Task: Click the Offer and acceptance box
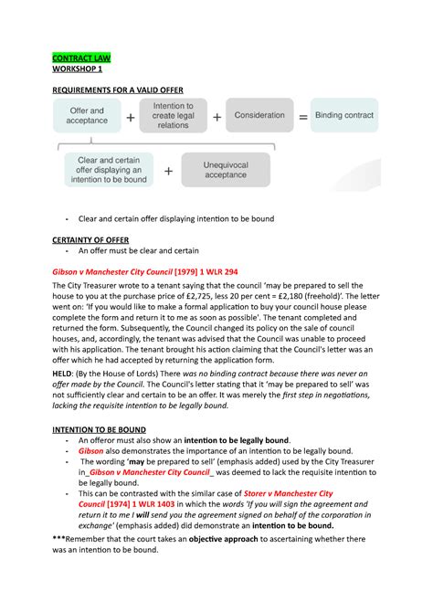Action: point(87,116)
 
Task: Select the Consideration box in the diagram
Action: point(259,116)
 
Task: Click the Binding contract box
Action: point(346,116)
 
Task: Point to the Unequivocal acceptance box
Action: point(226,170)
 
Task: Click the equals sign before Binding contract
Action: point(303,117)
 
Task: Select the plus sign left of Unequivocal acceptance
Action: point(168,171)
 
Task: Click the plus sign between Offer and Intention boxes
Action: point(130,117)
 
